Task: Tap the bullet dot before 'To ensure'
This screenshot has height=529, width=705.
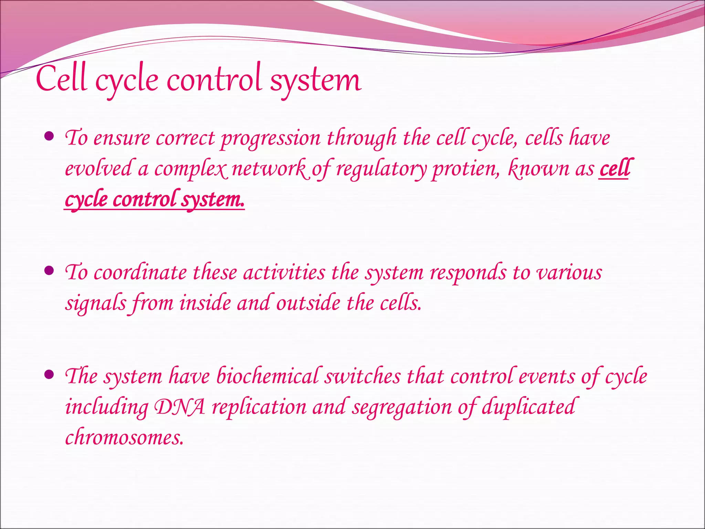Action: (50, 137)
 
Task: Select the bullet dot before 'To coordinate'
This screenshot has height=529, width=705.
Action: (50, 271)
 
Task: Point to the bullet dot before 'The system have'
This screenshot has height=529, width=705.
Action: (50, 374)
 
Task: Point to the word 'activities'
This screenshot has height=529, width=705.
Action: (284, 272)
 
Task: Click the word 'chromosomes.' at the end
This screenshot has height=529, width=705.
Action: (124, 437)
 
